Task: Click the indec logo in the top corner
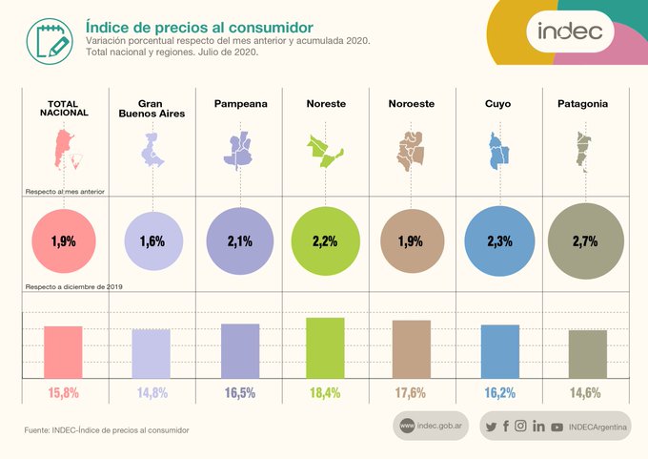point(570,31)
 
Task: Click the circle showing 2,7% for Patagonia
point(585,241)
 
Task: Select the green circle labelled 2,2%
point(325,241)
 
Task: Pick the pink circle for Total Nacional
point(64,241)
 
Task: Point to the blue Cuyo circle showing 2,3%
point(499,241)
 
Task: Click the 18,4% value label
point(325,392)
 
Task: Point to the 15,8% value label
point(64,392)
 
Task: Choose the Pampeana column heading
point(240,103)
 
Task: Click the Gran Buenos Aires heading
point(152,108)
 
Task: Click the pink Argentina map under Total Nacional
point(64,153)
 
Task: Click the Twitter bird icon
point(491,427)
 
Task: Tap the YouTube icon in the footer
point(557,427)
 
